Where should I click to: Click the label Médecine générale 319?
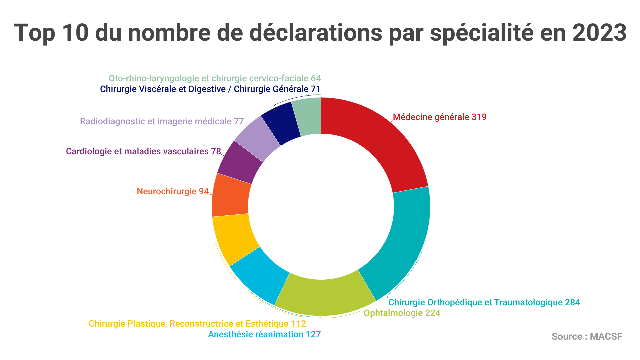pos(440,117)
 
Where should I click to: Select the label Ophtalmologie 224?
pos(402,313)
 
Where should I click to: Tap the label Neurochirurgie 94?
pos(173,191)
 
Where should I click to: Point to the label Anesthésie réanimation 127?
pos(264,334)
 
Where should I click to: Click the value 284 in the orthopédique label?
pos(572,302)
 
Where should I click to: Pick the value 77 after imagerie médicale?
pos(239,121)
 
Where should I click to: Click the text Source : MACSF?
pos(587,336)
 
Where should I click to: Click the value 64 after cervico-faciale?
pos(316,78)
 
